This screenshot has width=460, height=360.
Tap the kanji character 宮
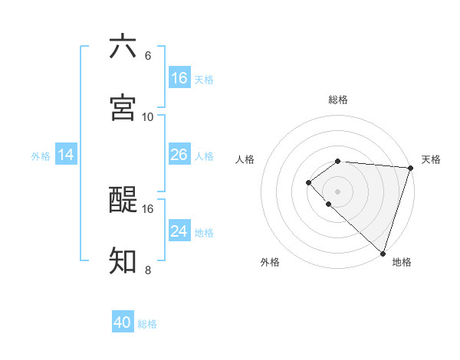click(123, 107)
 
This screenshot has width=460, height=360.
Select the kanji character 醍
click(123, 200)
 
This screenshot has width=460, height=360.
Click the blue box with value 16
click(179, 78)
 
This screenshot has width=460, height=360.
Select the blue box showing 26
click(179, 155)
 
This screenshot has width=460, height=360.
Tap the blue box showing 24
click(179, 231)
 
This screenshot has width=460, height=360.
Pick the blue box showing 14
click(66, 155)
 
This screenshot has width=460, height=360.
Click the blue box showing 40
click(123, 322)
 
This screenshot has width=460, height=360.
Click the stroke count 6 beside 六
click(148, 56)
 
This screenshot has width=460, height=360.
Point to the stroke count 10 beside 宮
click(148, 117)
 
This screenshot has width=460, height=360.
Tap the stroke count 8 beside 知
click(148, 270)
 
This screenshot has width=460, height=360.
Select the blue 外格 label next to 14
click(41, 155)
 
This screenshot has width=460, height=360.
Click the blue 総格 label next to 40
click(147, 324)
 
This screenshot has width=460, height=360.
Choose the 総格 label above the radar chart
click(338, 100)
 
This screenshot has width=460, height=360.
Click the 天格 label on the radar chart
click(431, 159)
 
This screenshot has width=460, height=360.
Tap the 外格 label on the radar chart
click(270, 262)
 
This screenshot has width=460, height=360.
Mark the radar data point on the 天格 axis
click(410, 168)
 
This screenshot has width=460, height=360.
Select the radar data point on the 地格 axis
click(382, 253)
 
